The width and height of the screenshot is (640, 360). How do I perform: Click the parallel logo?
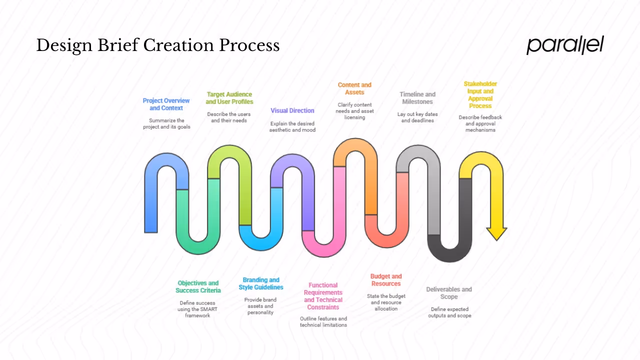point(565,45)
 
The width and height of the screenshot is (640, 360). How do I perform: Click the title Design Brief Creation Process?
point(158,45)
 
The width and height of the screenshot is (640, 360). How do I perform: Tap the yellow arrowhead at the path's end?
point(496,233)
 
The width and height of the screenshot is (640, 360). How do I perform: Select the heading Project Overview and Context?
point(166,104)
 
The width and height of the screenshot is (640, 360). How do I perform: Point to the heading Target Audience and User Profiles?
point(229,98)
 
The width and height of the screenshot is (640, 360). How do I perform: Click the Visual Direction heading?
point(292,110)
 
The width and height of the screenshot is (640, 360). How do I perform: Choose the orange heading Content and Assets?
point(354,88)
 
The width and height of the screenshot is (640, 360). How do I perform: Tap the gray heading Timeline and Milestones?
point(417,98)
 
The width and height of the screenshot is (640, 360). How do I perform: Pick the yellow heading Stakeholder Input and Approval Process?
point(480,95)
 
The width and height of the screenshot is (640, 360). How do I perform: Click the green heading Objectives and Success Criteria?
point(198,286)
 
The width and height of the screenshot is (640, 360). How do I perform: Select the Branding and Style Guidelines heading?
point(261,283)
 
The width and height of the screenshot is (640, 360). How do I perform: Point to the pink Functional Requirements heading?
point(323,296)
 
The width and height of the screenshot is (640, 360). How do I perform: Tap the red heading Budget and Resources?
point(386,280)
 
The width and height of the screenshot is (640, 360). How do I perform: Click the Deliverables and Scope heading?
point(449,293)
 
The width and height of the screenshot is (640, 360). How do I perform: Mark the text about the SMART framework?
point(198,309)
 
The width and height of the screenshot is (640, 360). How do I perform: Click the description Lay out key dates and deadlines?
point(417,117)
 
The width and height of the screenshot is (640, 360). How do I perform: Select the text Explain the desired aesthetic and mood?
point(292,126)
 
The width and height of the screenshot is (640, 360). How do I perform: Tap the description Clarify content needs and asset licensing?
point(354,111)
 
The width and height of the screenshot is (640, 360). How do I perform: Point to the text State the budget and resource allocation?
point(386,302)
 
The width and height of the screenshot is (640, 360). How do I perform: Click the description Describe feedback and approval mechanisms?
point(480,123)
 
